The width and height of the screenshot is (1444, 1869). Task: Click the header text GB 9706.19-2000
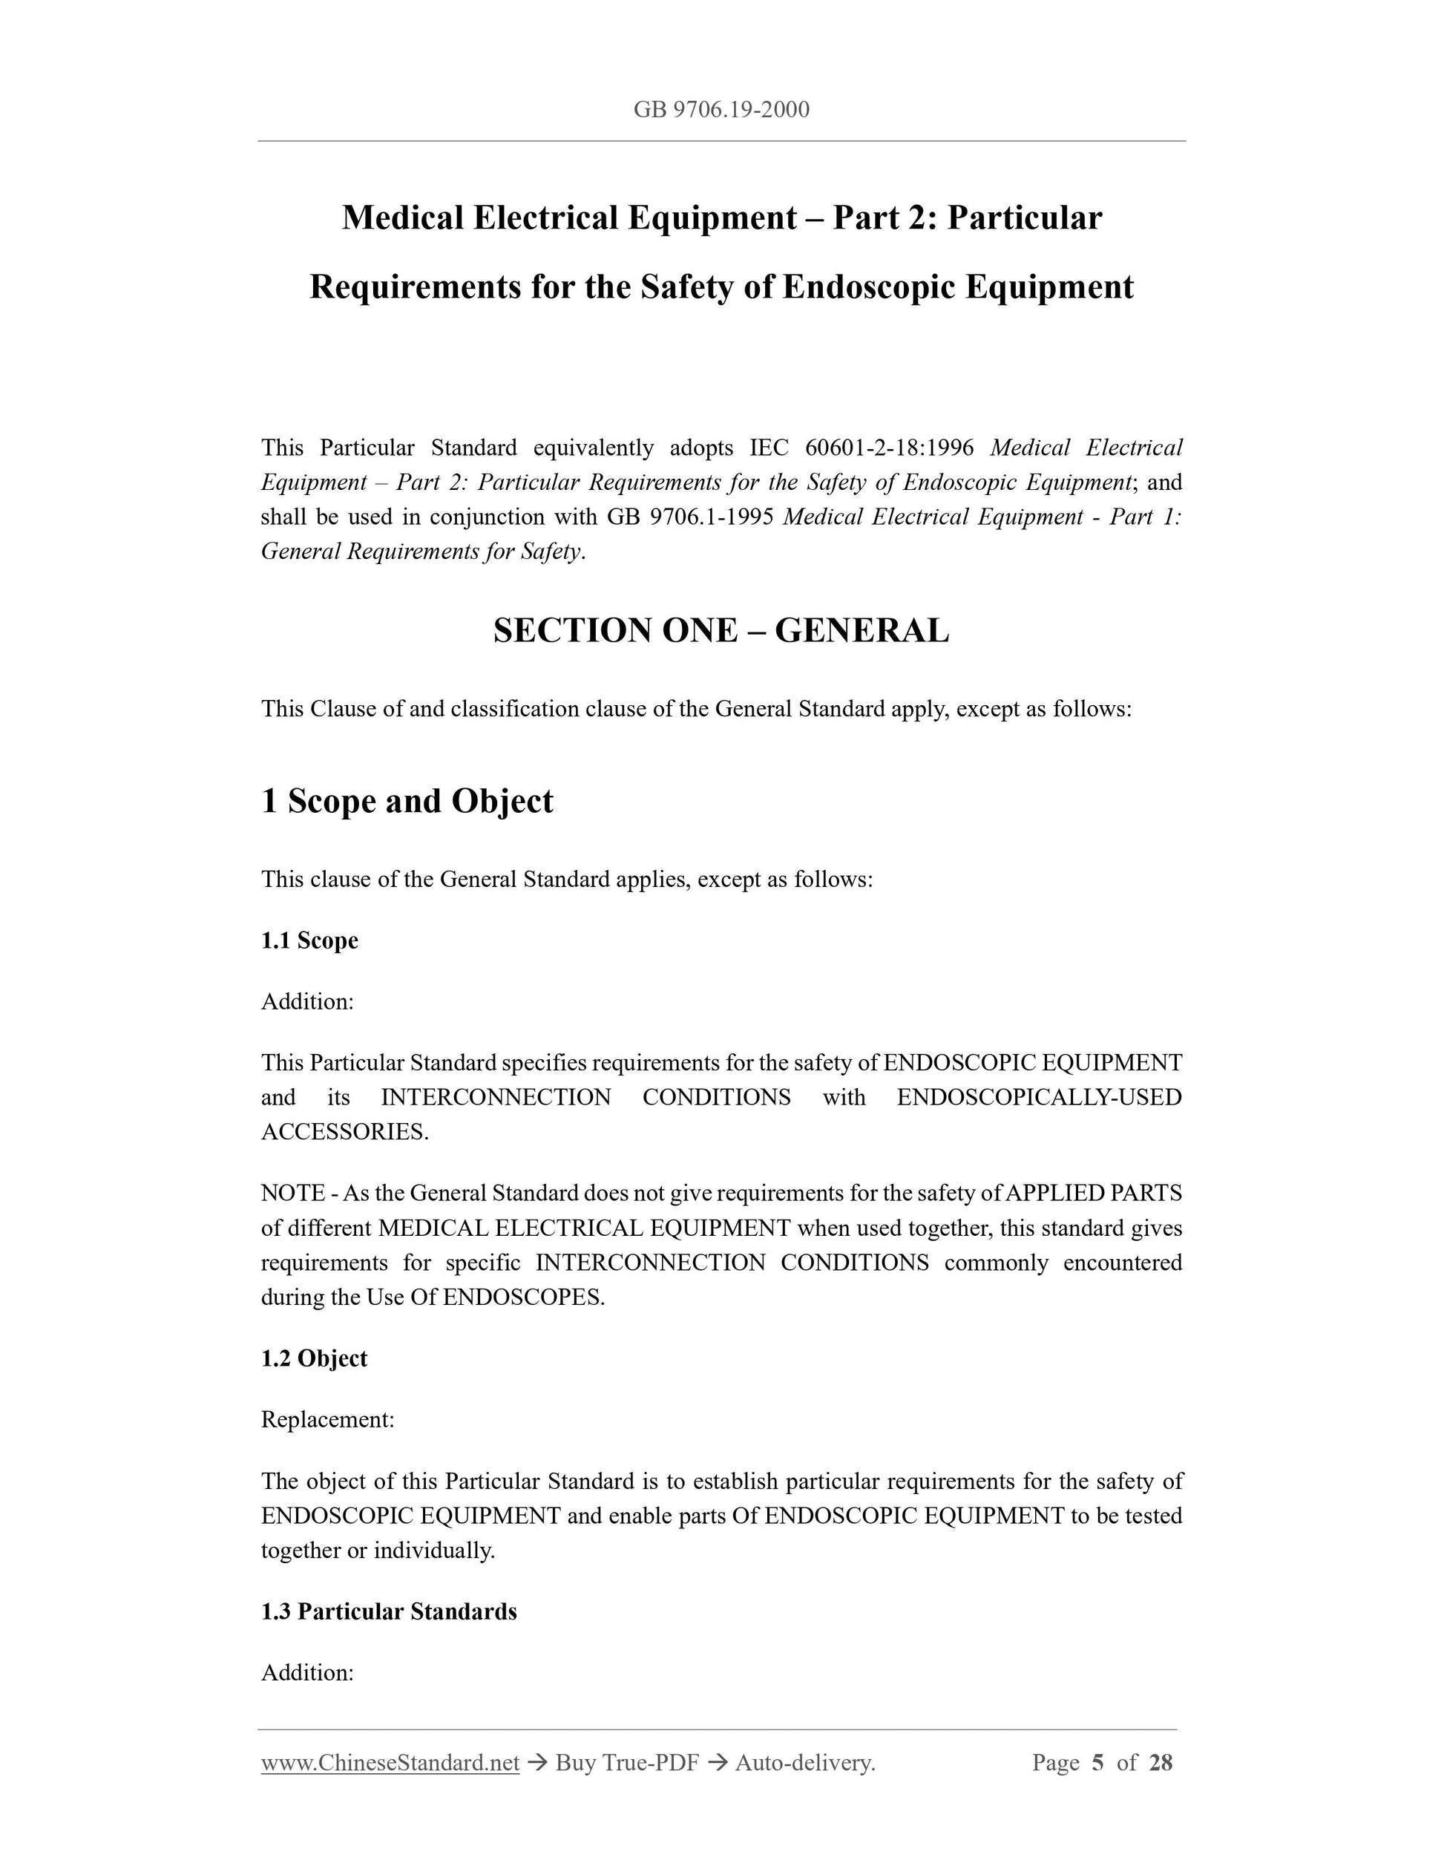tap(721, 110)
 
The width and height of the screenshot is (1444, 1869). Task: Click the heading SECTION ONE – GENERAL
tap(721, 631)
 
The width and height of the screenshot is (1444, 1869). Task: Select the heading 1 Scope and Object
tap(407, 801)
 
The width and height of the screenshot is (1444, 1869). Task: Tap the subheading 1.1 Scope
tap(309, 940)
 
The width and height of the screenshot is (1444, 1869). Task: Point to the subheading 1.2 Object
tap(314, 1358)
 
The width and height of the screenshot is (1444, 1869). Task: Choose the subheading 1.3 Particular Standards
tap(390, 1611)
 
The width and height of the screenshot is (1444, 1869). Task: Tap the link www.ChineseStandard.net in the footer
tap(390, 1763)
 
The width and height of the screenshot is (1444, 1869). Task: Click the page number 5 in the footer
tap(1097, 1763)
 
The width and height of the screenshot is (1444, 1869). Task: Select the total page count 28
tap(1160, 1763)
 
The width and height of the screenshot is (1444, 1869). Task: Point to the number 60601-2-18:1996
tap(890, 448)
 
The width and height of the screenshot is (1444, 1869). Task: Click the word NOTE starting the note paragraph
tap(292, 1193)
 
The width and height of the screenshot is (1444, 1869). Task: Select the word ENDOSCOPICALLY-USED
tap(1040, 1097)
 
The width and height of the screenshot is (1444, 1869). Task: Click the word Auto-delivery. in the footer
tap(805, 1763)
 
